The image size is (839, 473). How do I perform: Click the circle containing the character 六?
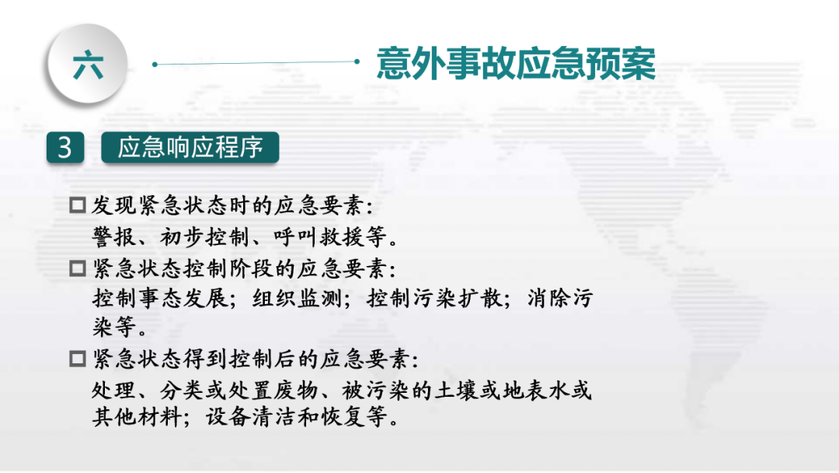88,63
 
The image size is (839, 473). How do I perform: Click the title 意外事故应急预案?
516,63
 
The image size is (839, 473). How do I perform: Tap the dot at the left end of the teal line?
155,65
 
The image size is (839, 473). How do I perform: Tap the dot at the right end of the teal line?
357,61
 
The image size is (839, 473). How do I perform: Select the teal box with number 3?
65,147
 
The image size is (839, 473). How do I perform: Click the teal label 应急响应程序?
190,147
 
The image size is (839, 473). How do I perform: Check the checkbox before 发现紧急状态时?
78,205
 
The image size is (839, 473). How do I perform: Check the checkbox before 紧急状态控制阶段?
78,268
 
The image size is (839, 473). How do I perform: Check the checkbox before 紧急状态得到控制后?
78,359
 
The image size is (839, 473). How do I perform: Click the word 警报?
114,236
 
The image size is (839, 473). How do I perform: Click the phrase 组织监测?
297,299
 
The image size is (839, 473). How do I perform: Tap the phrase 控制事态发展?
159,299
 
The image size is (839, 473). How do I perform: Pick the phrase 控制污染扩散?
434,299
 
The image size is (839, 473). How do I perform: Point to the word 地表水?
535,391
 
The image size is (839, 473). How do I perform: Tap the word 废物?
297,391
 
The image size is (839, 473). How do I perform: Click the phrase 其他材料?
137,417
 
